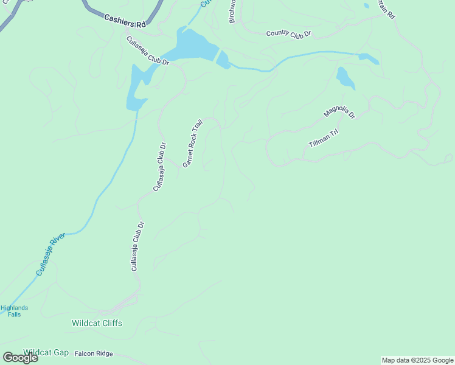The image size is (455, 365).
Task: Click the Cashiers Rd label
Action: coord(125,21)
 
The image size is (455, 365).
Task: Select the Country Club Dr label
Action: coord(288,33)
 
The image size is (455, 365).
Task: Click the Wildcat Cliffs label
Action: coord(97,323)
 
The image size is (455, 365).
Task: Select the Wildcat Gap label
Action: coord(46,352)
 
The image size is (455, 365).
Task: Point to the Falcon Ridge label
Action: coord(94,353)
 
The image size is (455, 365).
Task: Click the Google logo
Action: coord(20,358)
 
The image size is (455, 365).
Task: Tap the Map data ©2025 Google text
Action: coord(417,360)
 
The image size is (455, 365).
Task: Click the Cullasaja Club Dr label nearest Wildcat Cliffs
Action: coord(137,246)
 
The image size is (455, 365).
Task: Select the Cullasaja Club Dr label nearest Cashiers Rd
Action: coord(147,51)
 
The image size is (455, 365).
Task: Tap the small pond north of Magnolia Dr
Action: coord(345,78)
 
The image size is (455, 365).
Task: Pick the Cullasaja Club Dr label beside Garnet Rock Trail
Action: coord(159,167)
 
